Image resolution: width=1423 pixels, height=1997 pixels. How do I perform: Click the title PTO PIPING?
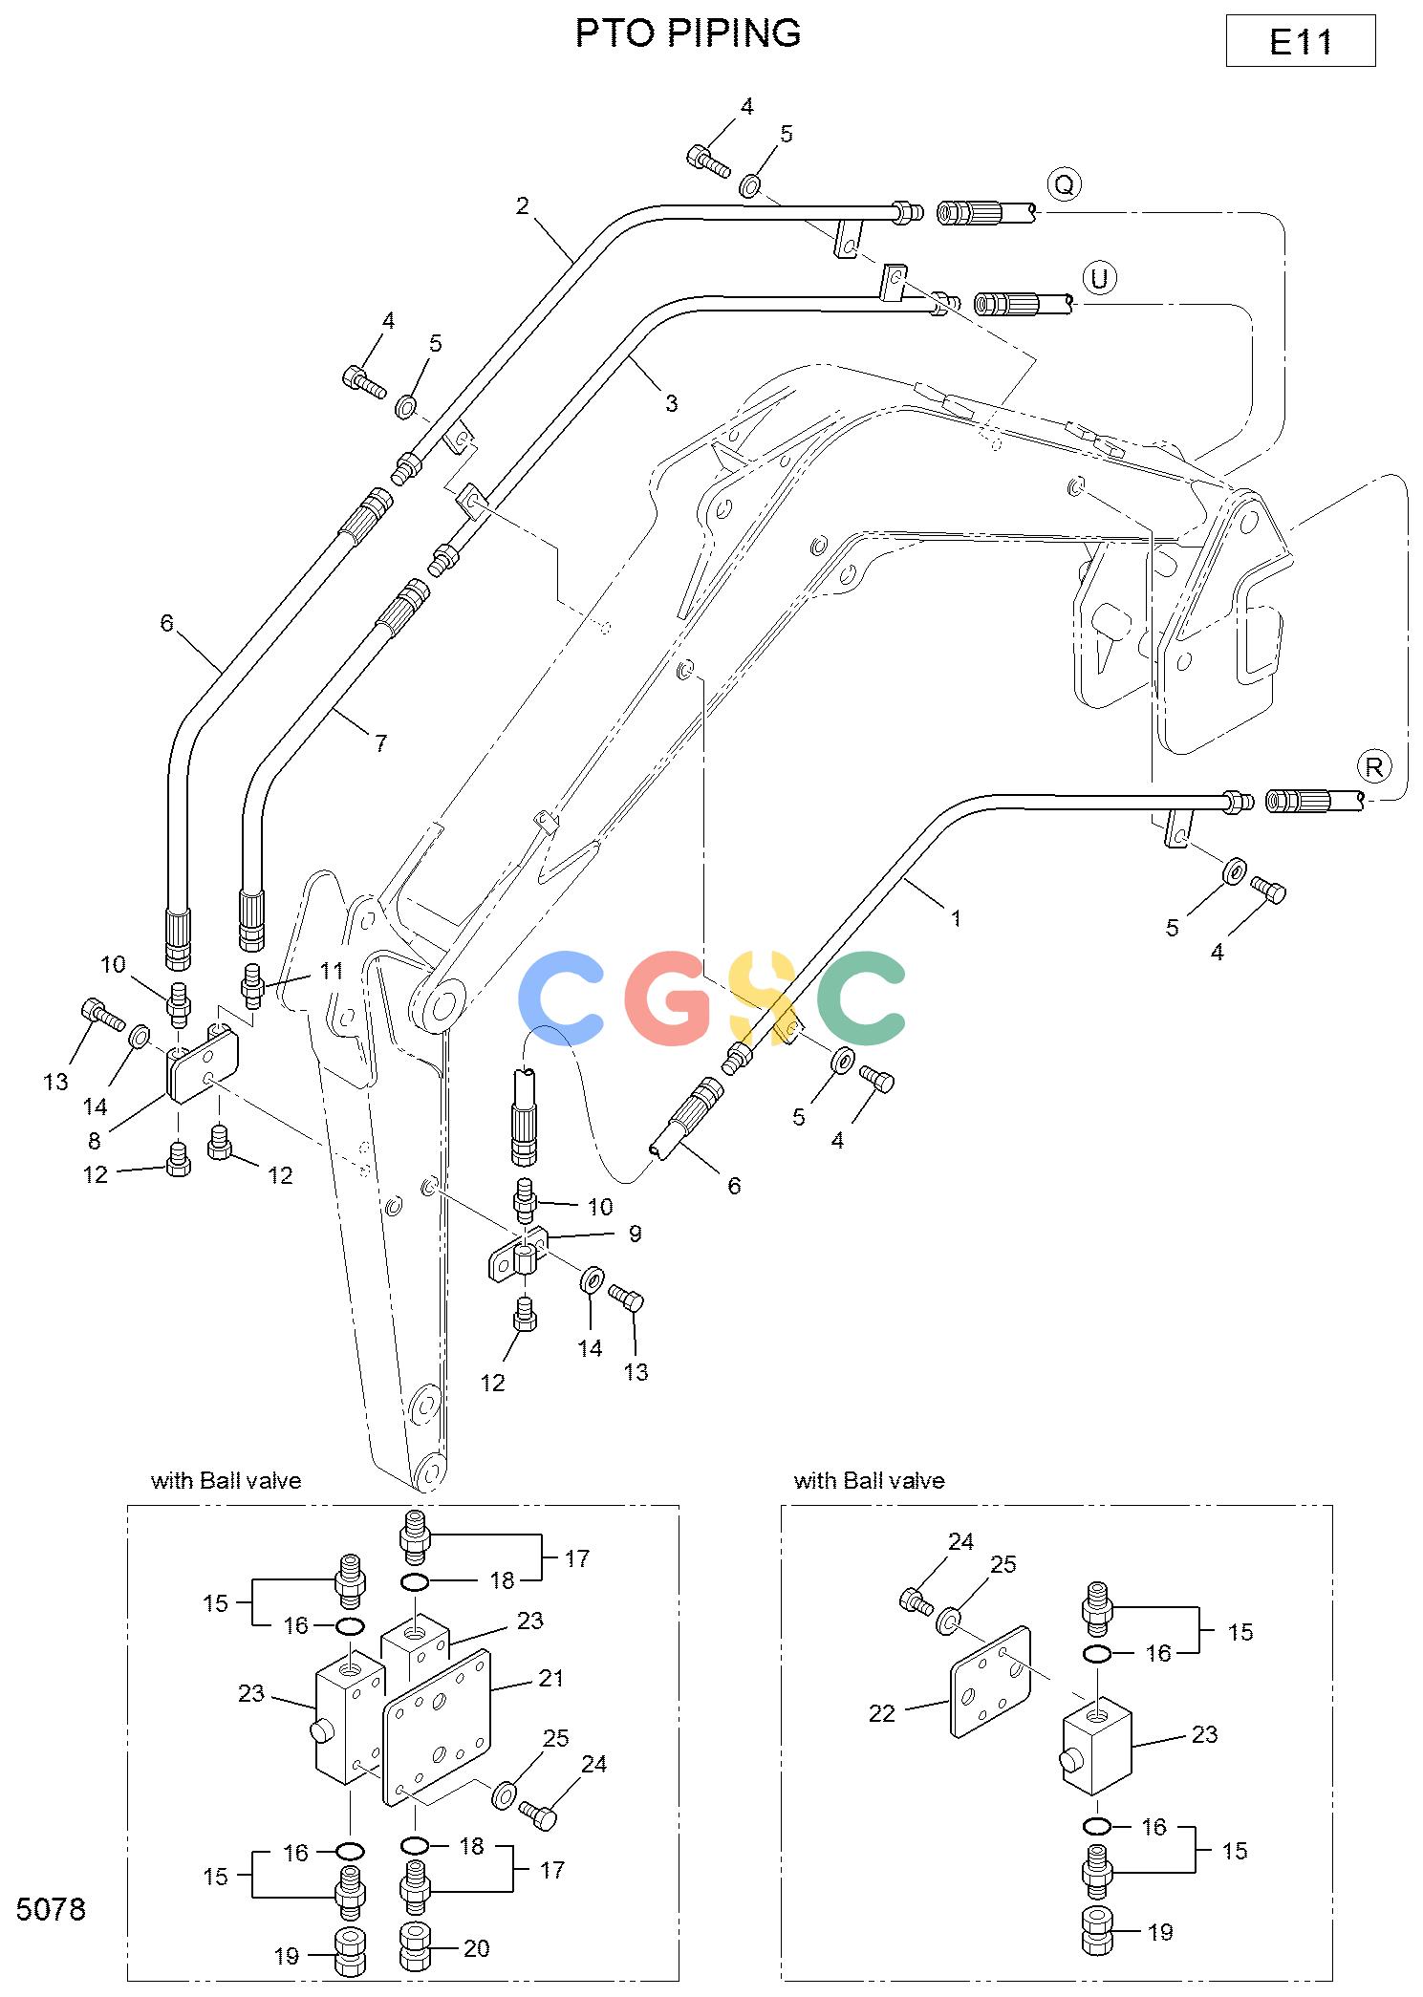click(688, 33)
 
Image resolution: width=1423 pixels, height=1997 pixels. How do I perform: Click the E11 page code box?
click(1300, 41)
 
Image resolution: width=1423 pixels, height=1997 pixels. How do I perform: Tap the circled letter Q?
click(1064, 183)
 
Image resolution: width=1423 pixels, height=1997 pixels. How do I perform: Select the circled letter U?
click(1099, 278)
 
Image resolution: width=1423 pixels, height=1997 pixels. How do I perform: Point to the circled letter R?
click(1374, 766)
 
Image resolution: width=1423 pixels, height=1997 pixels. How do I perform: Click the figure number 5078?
click(52, 1910)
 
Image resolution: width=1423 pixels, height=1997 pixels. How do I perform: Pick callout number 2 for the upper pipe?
click(523, 205)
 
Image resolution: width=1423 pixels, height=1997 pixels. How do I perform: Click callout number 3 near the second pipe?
click(671, 403)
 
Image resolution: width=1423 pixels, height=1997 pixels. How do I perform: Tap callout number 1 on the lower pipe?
click(956, 918)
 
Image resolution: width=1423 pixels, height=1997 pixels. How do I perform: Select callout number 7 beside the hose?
click(380, 742)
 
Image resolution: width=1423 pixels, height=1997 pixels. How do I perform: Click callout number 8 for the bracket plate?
click(94, 1141)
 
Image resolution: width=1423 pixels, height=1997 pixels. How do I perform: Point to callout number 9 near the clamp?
click(635, 1234)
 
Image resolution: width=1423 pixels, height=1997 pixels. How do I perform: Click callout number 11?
click(331, 971)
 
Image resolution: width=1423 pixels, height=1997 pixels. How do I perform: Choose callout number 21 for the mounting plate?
click(551, 1678)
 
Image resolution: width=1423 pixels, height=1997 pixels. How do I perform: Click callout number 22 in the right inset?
click(882, 1713)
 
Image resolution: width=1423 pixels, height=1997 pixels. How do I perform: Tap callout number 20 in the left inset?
click(477, 1948)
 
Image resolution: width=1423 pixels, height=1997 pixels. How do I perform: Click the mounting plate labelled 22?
click(992, 1681)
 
